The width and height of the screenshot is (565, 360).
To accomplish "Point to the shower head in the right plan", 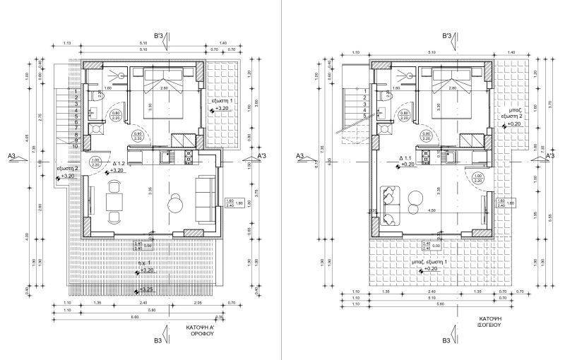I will [x=409, y=74].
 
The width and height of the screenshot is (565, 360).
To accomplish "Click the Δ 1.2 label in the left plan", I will [x=119, y=162].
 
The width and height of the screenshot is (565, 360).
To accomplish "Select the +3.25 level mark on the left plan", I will [x=145, y=289].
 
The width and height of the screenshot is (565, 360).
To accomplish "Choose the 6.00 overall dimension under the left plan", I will [x=134, y=317].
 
